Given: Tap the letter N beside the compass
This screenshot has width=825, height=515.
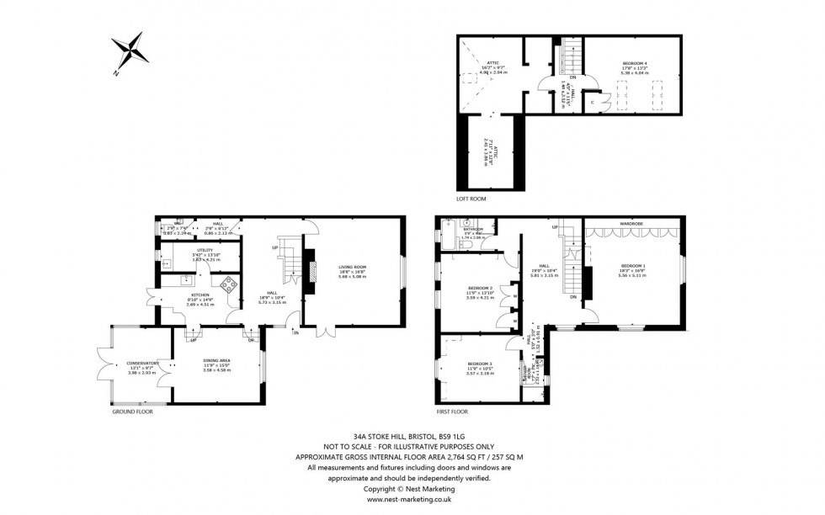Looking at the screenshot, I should (x=115, y=73).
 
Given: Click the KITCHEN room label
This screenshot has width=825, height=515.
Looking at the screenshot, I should (x=200, y=295).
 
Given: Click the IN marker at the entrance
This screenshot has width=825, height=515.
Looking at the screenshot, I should (x=295, y=333).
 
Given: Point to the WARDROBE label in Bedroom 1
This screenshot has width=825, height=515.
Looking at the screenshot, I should (x=631, y=224).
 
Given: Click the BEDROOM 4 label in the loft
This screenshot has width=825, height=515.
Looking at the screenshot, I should (x=636, y=63).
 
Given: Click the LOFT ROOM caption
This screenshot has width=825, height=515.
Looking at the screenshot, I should (x=471, y=199).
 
